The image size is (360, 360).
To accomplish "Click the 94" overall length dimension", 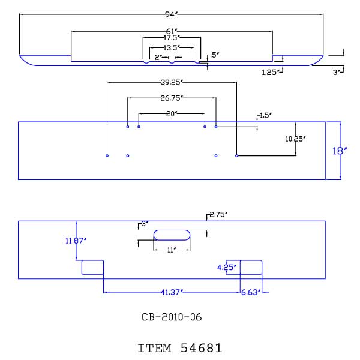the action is (x=171, y=14).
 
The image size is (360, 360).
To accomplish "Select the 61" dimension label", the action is (x=172, y=31).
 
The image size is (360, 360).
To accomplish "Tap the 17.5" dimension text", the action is (x=171, y=38).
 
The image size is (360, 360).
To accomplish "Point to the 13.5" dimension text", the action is (x=171, y=48).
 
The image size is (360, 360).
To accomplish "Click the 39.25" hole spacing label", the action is (x=172, y=82).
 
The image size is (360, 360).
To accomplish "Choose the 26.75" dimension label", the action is (x=172, y=98).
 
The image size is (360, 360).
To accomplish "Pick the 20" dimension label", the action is (x=172, y=113).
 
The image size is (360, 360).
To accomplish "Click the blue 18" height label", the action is (x=340, y=151).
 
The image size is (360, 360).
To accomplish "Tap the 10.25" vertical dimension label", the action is (x=295, y=139).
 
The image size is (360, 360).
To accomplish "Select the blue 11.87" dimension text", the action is (x=76, y=241).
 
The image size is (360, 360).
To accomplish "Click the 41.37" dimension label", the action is (x=172, y=292).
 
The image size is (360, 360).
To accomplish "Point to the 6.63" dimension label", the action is (x=251, y=292).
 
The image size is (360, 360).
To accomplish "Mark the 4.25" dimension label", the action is (x=227, y=267).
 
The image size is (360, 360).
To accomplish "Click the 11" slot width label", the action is (x=172, y=250).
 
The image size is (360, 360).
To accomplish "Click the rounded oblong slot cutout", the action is (x=172, y=230).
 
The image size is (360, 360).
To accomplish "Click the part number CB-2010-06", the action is (x=172, y=317).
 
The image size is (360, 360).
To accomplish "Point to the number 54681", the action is (x=202, y=348).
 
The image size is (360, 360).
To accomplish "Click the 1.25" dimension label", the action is (x=270, y=73).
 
